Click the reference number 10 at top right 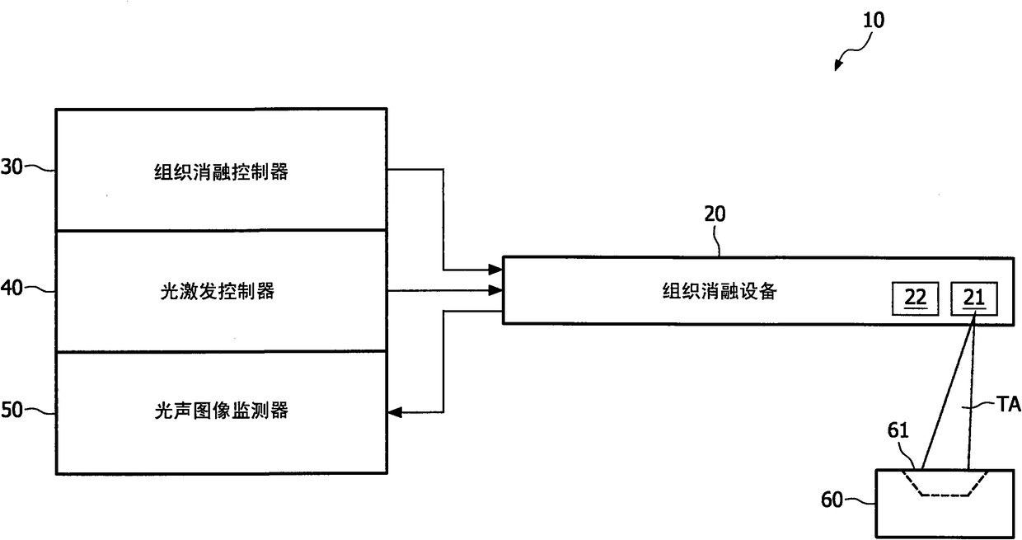(x=872, y=20)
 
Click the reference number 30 (x=12, y=168)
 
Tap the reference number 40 (x=12, y=289)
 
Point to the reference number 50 (x=12, y=410)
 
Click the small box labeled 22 (x=915, y=298)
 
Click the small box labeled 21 (x=973, y=298)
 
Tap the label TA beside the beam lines (x=1009, y=404)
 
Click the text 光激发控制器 (x=221, y=290)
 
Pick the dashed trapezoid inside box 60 (x=945, y=486)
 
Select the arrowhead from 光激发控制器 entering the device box (x=497, y=290)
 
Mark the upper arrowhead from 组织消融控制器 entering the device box (x=497, y=269)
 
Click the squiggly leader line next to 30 (x=40, y=168)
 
